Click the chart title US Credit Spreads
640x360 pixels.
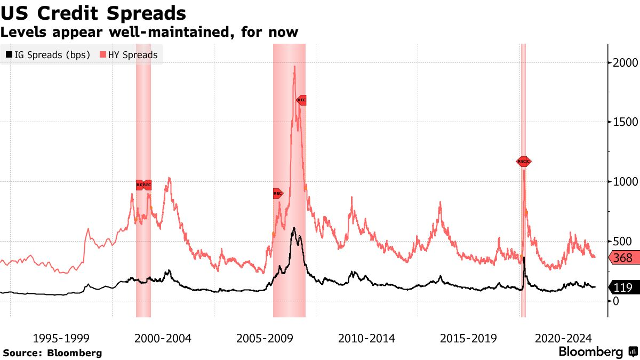click(93, 13)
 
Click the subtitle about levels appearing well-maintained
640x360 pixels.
click(149, 32)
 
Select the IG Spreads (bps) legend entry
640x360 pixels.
click(47, 54)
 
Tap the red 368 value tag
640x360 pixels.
click(622, 258)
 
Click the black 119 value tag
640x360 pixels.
click(622, 288)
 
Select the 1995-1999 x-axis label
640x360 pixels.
click(61, 338)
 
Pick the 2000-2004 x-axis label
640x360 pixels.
click(163, 338)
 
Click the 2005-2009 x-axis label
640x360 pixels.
click(265, 338)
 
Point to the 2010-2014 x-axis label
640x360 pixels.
click(366, 338)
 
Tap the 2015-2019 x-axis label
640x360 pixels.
click(468, 338)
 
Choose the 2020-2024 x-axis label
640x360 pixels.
click(563, 338)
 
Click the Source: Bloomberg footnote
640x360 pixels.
click(52, 353)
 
